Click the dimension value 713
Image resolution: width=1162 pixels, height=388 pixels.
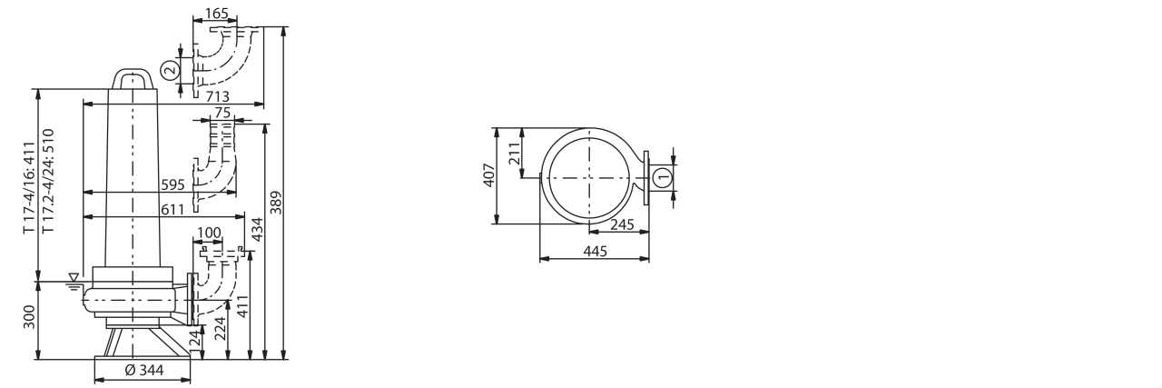(x=217, y=96)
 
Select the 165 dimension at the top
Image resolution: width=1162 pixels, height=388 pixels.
(x=216, y=14)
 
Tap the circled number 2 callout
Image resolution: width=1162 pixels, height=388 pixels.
(x=170, y=70)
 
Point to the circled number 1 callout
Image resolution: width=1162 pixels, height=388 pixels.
(x=662, y=177)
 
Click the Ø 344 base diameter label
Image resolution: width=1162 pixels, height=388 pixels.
(x=144, y=370)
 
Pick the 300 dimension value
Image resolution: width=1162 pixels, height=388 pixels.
(x=30, y=317)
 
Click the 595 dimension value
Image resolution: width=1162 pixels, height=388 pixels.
(x=172, y=184)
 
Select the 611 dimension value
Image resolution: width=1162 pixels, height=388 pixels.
(x=172, y=209)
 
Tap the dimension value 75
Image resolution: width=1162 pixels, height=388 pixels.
(x=222, y=113)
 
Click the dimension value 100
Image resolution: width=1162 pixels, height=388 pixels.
(x=209, y=233)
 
